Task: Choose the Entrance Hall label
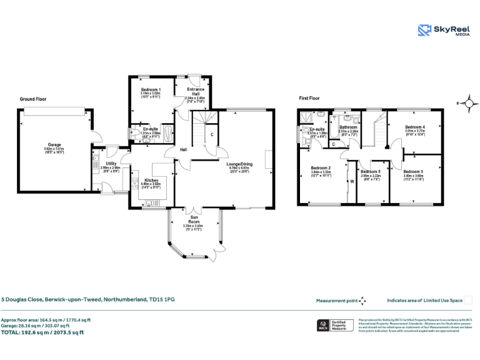(195, 91)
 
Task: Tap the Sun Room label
(195, 219)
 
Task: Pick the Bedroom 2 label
(321, 167)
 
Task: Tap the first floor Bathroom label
(348, 127)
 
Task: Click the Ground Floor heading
(33, 99)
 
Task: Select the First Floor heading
(309, 98)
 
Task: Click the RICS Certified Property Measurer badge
(335, 325)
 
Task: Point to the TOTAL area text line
(42, 332)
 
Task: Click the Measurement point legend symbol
(361, 301)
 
